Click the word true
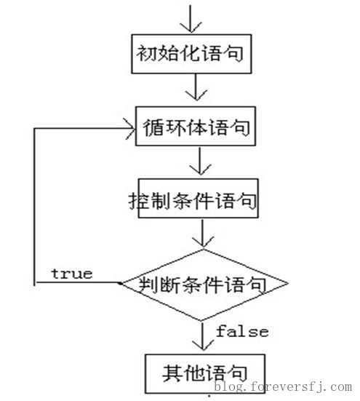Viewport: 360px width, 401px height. point(72,274)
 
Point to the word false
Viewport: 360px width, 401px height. point(242,331)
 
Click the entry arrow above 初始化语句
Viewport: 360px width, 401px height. point(191,18)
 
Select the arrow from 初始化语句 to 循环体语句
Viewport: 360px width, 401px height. point(196,87)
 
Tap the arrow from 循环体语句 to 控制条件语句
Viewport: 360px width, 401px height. point(200,161)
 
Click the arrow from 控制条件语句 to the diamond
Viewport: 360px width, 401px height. point(203,233)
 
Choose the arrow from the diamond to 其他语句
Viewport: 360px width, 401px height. point(203,336)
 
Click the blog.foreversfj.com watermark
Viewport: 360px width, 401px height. point(283,386)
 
